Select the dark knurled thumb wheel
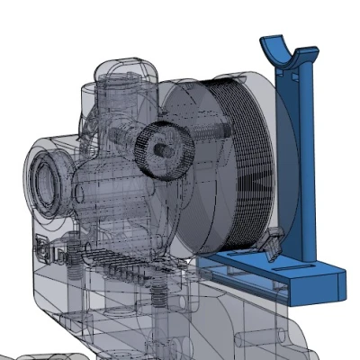click(163, 148)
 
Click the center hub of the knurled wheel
click(159, 147)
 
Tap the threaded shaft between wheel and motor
click(203, 133)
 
